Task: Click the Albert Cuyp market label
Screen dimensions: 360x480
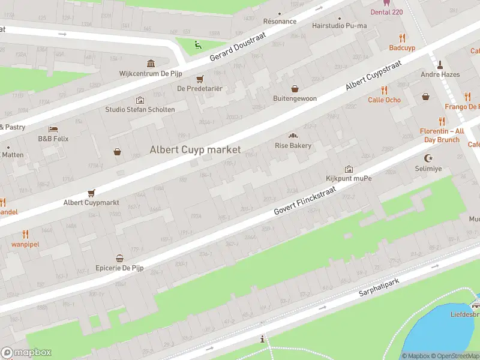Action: [195, 149]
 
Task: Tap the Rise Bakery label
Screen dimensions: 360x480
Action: [293, 146]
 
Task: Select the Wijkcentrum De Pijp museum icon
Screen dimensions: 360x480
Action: [151, 64]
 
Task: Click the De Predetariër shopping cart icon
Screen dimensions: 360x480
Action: [200, 79]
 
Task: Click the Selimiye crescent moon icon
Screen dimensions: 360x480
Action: [428, 158]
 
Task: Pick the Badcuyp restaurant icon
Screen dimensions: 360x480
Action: [402, 38]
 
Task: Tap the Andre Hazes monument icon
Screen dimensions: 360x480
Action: [440, 64]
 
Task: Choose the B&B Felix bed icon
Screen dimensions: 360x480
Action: [53, 129]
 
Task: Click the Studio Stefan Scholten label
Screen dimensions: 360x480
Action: [140, 110]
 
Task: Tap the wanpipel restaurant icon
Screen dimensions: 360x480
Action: [25, 234]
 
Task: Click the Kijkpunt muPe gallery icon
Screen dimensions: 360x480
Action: [349, 169]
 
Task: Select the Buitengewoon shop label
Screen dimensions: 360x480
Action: [294, 98]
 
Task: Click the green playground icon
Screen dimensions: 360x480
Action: [197, 43]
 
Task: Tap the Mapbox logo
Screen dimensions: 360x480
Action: [26, 353]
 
